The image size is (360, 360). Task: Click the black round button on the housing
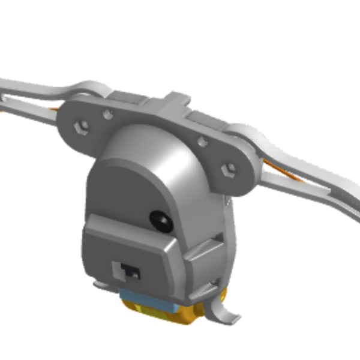[161, 220]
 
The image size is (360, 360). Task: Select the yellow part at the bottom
[157, 313]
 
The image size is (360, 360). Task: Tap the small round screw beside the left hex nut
[107, 113]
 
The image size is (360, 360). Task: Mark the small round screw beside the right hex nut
[202, 142]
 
